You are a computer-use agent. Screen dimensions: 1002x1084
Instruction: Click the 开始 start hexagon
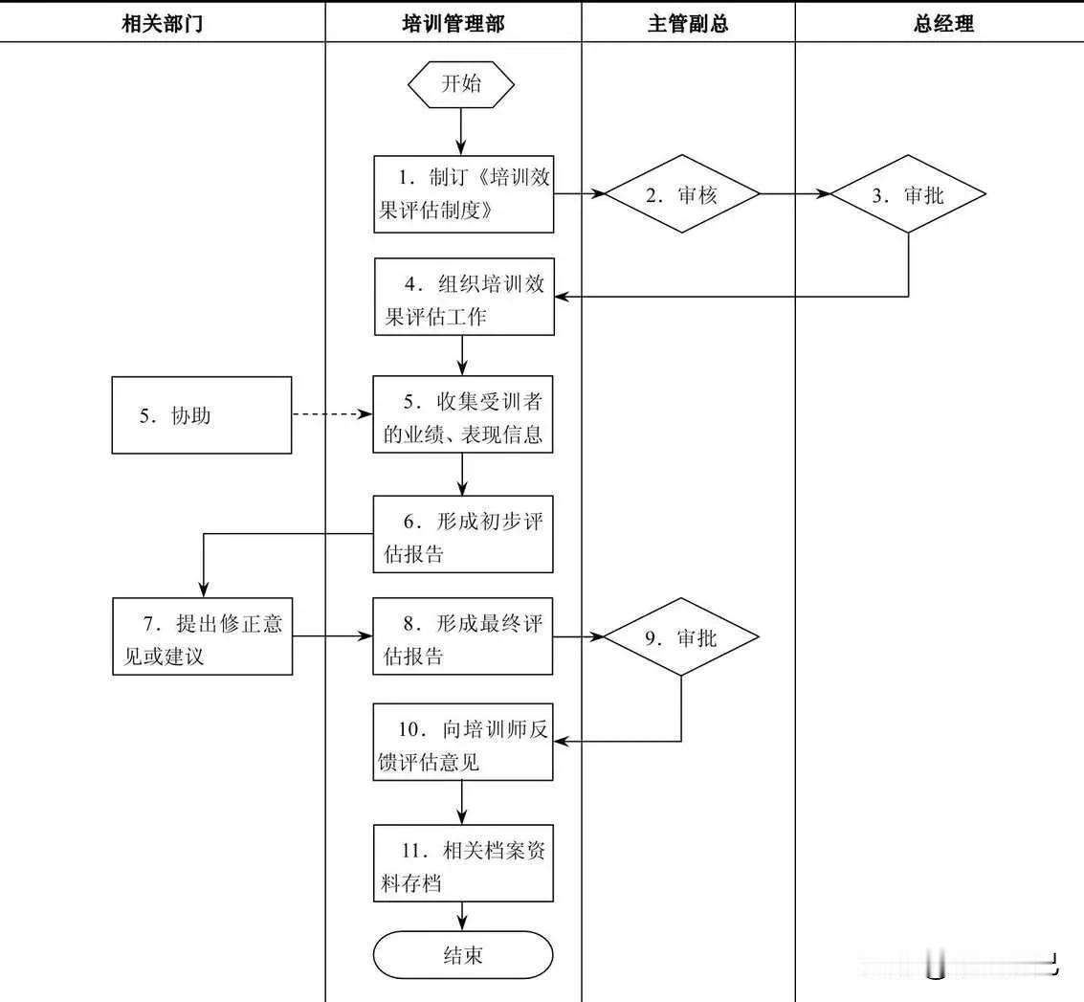461,83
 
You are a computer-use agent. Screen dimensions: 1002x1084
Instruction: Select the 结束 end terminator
463,954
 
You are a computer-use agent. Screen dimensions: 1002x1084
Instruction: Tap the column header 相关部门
163,24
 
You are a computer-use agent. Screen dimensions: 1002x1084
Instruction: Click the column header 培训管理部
454,24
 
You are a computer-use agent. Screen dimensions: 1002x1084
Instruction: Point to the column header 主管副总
688,24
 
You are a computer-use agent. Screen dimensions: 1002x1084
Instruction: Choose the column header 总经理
943,24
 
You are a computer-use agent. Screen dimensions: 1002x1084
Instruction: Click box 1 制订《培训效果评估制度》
464,194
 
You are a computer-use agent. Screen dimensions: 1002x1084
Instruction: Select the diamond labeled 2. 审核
682,194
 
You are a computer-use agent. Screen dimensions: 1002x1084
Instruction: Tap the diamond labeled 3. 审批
908,194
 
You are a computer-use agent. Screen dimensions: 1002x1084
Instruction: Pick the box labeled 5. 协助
202,415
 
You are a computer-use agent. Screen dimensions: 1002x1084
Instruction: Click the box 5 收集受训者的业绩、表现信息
464,415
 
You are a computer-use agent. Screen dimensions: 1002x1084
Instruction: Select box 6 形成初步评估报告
464,535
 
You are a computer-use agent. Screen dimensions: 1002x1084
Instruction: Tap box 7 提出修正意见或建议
202,636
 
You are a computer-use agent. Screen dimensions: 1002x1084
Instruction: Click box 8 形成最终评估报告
464,636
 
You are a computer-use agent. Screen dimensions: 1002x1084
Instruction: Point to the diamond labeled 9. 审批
682,636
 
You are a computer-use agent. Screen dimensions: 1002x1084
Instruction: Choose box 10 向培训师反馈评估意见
464,743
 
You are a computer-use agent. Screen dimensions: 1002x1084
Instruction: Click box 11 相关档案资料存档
464,863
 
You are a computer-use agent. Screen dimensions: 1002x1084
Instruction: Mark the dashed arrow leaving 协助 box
331,415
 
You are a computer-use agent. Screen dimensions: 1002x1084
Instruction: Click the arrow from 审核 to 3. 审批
795,194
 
